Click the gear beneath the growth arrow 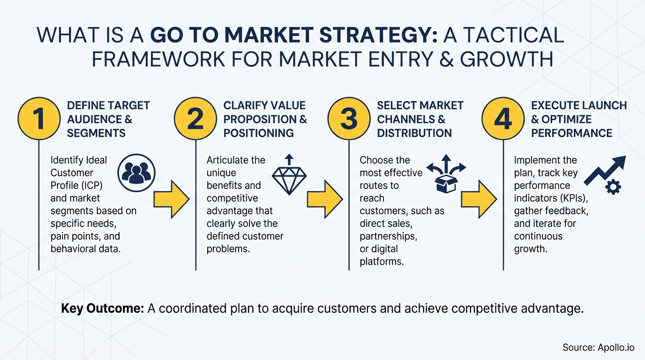(x=613, y=187)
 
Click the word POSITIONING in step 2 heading (x=259, y=133)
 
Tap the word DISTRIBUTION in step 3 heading (x=414, y=133)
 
